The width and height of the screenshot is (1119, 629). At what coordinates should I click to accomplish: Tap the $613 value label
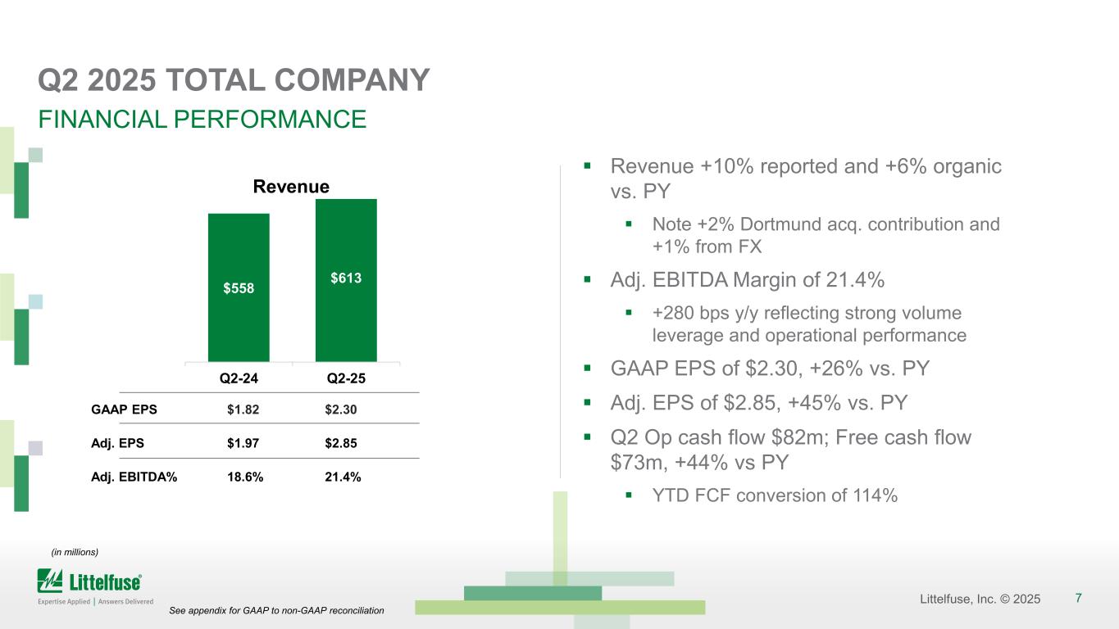point(346,278)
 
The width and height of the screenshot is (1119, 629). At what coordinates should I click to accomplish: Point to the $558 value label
point(239,287)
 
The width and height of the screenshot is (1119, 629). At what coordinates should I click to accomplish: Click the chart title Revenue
point(290,187)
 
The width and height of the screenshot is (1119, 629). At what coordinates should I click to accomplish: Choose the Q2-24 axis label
point(239,379)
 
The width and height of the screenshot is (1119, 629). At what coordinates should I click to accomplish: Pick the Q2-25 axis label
point(346,379)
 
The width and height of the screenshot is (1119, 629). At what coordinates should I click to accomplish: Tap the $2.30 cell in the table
point(341,409)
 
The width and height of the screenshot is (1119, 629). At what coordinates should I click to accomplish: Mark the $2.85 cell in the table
point(341,443)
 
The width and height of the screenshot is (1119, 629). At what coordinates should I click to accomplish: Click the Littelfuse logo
point(90,585)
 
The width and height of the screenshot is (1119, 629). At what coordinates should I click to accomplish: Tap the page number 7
point(1078,598)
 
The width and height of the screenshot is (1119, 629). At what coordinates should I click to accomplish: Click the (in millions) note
point(75,552)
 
